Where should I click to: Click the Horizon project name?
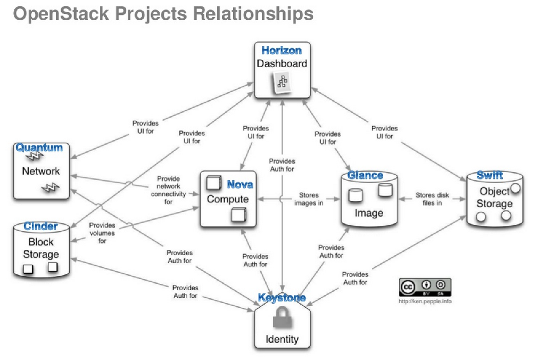282,51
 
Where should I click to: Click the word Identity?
282,339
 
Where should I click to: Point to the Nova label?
240,185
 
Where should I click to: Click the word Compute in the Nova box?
228,199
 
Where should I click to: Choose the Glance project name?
365,175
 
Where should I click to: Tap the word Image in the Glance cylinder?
369,213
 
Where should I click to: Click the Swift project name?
490,175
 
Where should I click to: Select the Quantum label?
39,148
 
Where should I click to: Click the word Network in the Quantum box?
41,171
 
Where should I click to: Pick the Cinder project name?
40,226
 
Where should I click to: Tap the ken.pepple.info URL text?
425,301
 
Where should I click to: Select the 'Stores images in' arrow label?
309,199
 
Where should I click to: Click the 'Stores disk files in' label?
432,199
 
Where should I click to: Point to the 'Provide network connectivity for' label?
168,190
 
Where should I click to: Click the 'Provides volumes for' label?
102,233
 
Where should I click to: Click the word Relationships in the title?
253,14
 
